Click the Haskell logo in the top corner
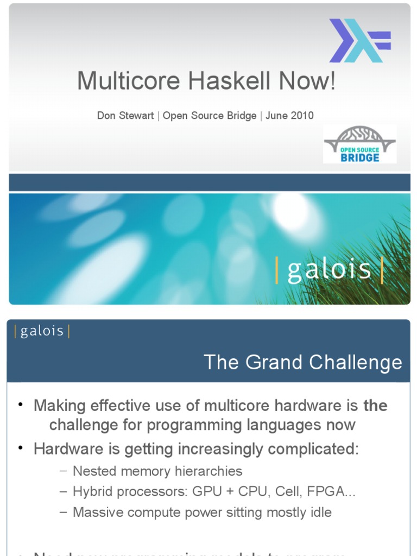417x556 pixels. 359,41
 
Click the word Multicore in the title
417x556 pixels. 128,81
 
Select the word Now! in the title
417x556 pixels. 308,81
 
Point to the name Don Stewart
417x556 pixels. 125,116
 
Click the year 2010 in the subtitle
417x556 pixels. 302,116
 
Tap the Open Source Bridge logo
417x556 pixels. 359,144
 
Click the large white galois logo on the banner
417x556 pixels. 329,270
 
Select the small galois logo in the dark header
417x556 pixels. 42,331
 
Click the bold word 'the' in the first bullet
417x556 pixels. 375,406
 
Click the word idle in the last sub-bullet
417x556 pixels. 320,512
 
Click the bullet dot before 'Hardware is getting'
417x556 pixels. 21,448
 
